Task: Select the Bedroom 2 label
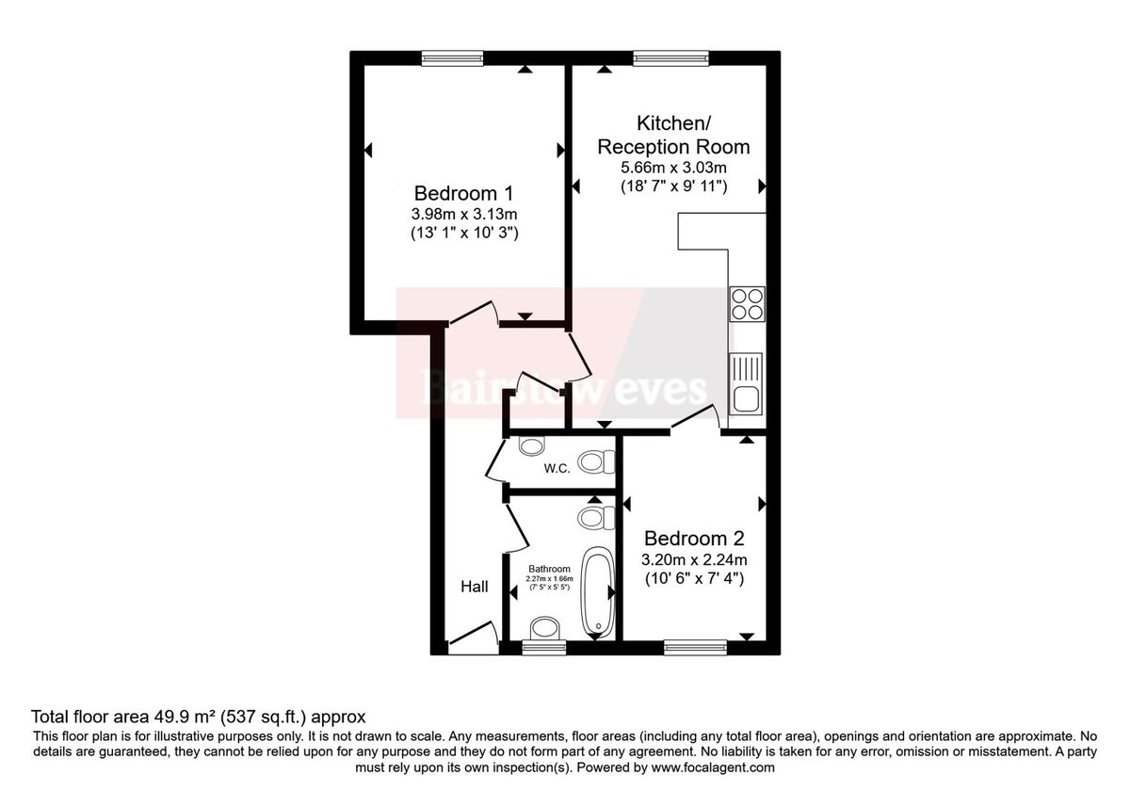694,539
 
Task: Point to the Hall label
475,587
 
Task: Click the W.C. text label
557,468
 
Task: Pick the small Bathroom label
549,569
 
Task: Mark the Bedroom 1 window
452,58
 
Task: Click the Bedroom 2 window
695,646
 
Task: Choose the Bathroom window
544,647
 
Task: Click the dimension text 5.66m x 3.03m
673,168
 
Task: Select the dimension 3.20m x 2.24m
693,559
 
